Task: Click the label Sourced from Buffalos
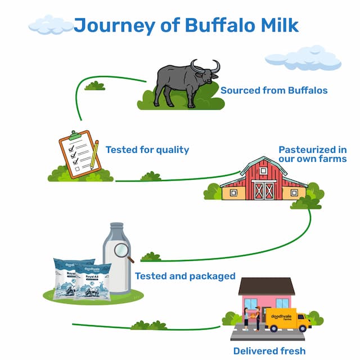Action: click(273, 90)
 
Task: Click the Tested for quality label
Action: click(147, 150)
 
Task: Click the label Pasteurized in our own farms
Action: click(312, 154)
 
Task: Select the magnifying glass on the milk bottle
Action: click(123, 251)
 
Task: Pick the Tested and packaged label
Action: click(185, 276)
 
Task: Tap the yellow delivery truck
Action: click(287, 319)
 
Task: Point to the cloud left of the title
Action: click(51, 25)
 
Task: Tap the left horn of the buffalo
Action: click(195, 66)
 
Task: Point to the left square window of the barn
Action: click(233, 192)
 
